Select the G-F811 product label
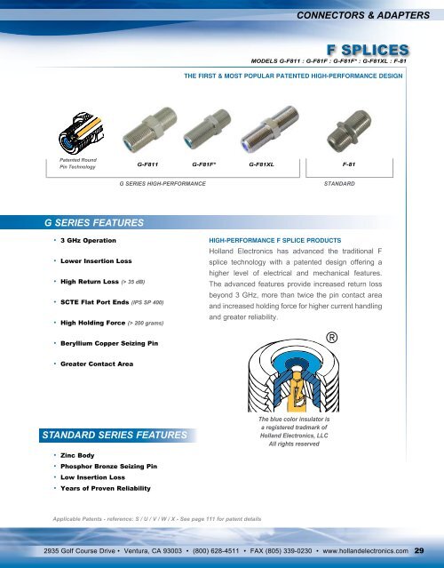(x=147, y=165)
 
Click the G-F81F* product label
(x=206, y=165)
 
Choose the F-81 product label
(x=348, y=165)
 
